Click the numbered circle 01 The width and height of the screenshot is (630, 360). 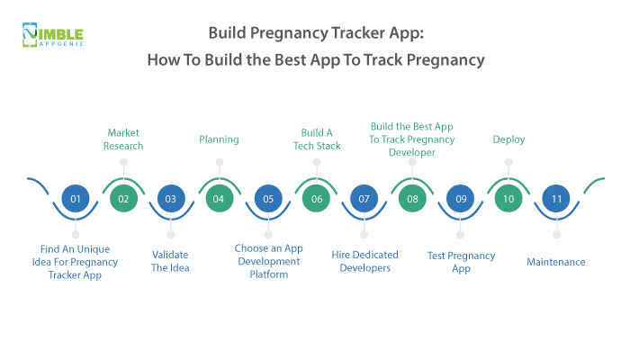76,199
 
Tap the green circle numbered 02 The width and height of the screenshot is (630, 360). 123,199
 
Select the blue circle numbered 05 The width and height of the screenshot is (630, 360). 267,199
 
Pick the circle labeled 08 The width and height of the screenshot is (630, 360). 412,199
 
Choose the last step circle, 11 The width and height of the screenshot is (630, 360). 556,199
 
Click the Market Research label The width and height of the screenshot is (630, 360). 124,139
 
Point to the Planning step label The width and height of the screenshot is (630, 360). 219,139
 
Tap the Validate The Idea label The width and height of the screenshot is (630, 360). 171,261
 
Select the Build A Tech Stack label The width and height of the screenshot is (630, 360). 316,139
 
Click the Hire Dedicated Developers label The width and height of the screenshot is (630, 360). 364,261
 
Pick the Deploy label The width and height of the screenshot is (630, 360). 508,139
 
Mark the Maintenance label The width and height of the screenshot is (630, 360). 556,262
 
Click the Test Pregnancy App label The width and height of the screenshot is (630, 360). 461,261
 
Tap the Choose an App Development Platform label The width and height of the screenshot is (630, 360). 267,261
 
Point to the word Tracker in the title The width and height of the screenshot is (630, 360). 345,34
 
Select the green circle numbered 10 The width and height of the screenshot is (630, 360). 508,199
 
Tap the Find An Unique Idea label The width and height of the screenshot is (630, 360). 76,261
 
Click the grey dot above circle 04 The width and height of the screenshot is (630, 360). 219,162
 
